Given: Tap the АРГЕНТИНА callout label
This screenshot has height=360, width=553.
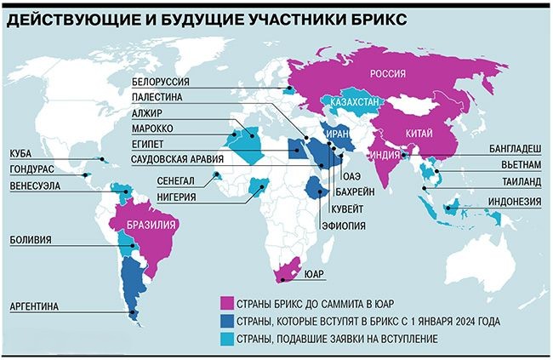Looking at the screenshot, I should click(35, 304).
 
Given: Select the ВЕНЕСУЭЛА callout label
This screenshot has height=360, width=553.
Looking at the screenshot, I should click(37, 183).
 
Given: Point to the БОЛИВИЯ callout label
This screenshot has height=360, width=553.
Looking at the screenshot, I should click(29, 241).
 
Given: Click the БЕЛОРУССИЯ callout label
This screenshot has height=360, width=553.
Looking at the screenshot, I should click(160, 82).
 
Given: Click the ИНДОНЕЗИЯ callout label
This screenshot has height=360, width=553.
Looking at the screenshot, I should click(515, 202).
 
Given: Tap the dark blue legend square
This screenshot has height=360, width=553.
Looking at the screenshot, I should click(225, 322).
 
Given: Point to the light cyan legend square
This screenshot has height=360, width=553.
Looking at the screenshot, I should click(225, 340).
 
